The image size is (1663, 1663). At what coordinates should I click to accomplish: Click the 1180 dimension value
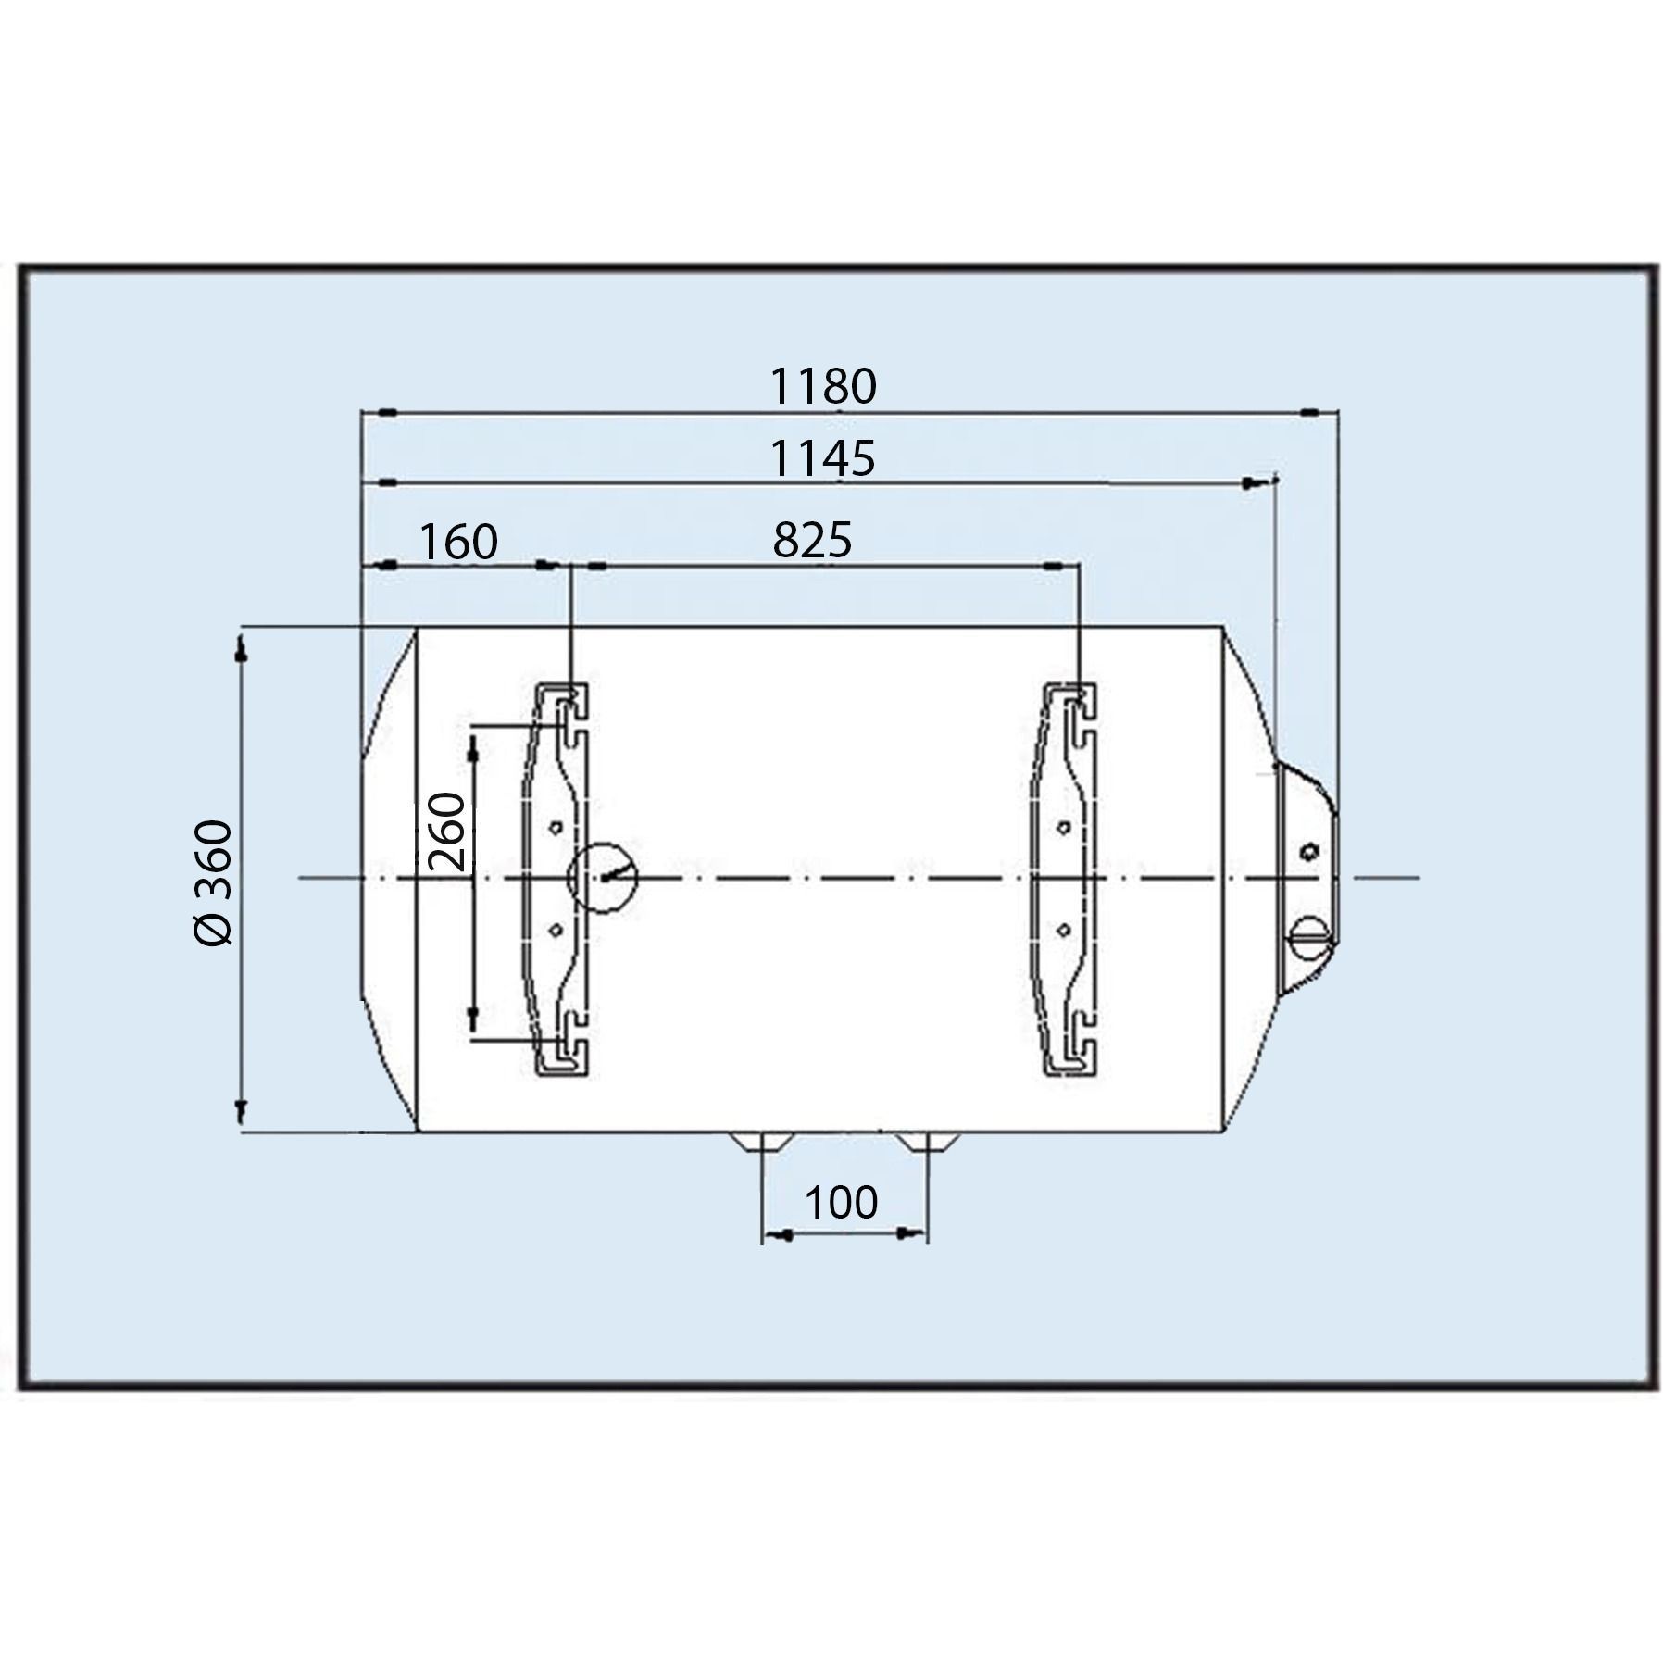tap(823, 386)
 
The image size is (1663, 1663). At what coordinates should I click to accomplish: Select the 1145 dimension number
tap(823, 458)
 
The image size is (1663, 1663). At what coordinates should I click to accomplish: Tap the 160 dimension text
tap(459, 542)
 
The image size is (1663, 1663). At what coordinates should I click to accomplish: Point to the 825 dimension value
tap(812, 540)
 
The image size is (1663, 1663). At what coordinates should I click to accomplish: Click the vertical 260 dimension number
tap(448, 831)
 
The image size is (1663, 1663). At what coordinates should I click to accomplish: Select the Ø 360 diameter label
tap(214, 882)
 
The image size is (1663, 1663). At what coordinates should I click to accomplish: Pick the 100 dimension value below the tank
tap(841, 1203)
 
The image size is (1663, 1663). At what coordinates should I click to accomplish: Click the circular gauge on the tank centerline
tap(603, 877)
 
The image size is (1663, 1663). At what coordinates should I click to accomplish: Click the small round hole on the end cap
tap(1310, 851)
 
